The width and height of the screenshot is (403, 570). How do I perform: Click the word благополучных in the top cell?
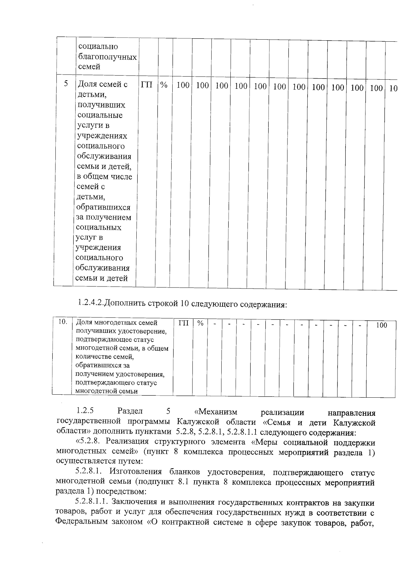pyautogui.click(x=107, y=57)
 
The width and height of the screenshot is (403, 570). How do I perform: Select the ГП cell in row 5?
pyautogui.click(x=146, y=85)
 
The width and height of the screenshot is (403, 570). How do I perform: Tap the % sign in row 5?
pyautogui.click(x=164, y=85)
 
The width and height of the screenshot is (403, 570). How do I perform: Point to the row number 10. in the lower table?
pyautogui.click(x=63, y=322)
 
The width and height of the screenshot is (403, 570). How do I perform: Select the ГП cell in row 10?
pyautogui.click(x=183, y=323)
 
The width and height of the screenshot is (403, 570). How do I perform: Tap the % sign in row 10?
pyautogui.click(x=200, y=323)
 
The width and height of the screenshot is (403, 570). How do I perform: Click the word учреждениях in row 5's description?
pyautogui.click(x=102, y=136)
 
